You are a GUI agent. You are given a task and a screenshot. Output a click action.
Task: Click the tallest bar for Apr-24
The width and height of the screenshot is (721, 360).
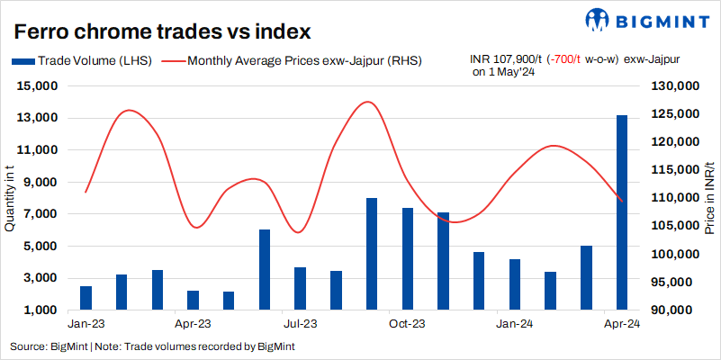621,212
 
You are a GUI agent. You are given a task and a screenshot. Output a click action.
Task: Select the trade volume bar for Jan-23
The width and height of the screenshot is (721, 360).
86,298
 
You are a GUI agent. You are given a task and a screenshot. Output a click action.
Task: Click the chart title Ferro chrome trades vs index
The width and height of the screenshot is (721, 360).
162,32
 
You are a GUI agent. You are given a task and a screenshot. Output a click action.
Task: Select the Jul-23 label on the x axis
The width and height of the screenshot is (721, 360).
300,322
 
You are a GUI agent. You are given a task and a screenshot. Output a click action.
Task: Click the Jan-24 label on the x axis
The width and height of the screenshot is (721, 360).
513,322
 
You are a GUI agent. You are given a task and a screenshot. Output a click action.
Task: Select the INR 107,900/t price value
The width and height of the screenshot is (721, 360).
506,59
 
